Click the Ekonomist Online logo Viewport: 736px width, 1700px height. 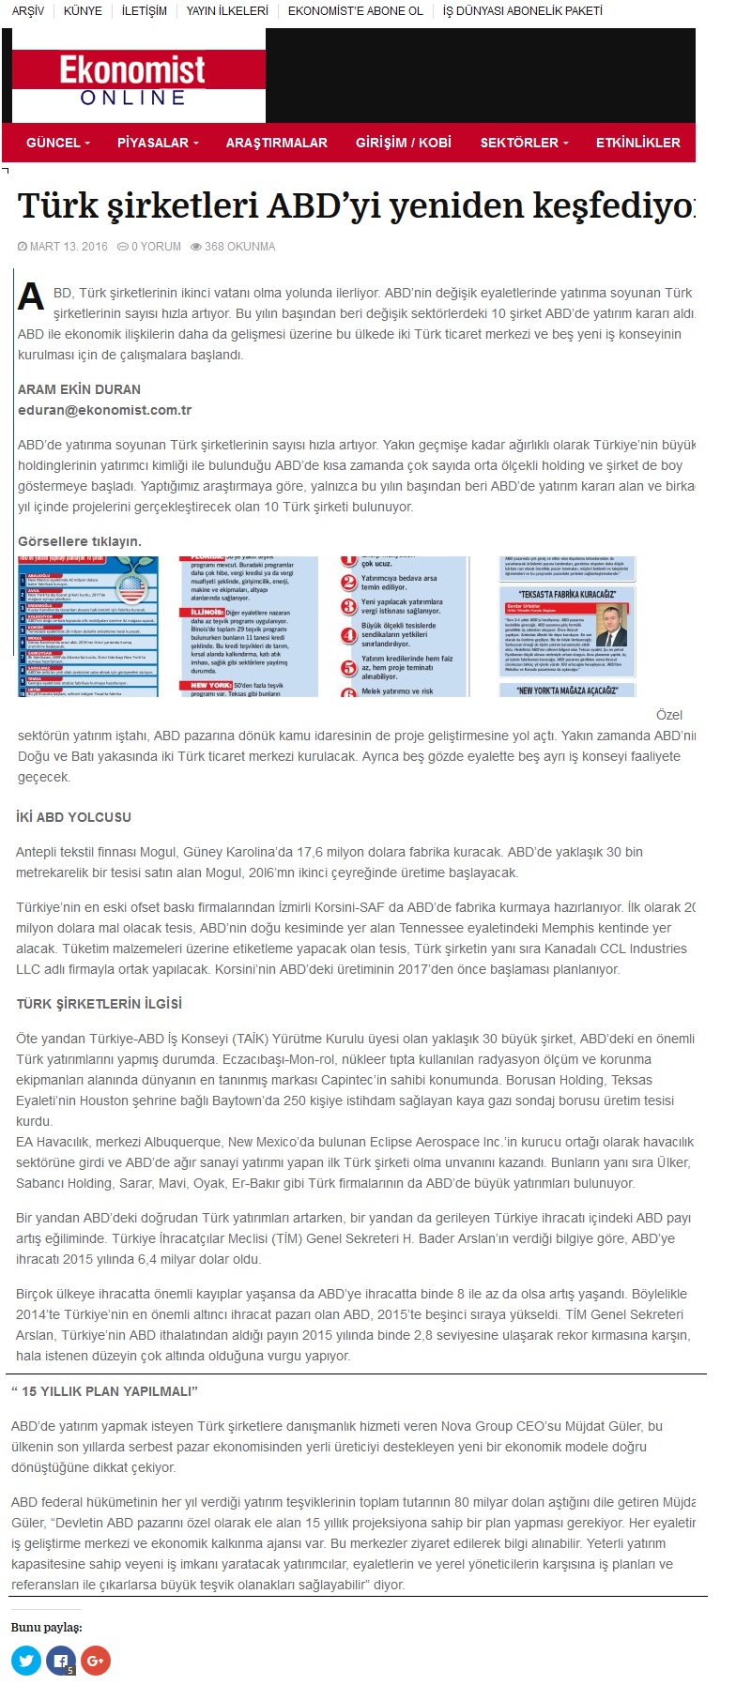(132, 81)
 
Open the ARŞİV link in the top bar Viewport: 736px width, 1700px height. (28, 11)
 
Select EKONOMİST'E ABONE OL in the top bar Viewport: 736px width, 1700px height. (355, 11)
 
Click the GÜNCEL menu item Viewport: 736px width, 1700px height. (58, 143)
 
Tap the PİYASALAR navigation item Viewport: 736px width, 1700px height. (158, 143)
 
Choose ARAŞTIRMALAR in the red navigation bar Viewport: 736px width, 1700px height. (276, 143)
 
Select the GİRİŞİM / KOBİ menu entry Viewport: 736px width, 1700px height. (403, 143)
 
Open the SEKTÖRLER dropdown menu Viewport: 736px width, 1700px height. (524, 143)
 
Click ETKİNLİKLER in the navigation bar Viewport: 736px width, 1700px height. (637, 143)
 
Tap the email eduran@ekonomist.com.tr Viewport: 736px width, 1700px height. (104, 410)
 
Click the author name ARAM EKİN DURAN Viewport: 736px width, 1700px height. (79, 389)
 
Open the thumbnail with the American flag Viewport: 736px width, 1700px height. (88, 626)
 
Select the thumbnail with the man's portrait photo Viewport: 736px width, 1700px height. (567, 626)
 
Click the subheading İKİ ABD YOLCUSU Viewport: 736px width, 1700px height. (73, 817)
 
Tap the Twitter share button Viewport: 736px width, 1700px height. (26, 1661)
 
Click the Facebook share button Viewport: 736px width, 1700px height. (61, 1661)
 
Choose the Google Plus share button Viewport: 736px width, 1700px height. (95, 1661)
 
